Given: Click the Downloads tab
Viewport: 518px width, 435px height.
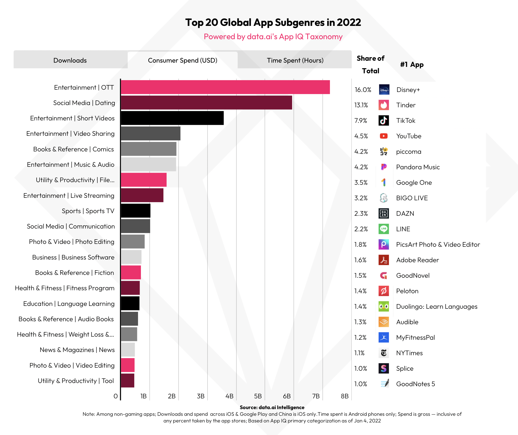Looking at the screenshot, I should coord(70,60).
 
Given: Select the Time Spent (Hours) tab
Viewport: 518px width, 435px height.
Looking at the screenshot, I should coord(295,60).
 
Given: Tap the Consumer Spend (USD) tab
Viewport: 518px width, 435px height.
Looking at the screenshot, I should coord(182,60).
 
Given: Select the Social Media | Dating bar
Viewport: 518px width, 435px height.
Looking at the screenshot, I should coord(206,102).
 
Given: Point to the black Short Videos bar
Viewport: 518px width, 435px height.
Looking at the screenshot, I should coord(172,118).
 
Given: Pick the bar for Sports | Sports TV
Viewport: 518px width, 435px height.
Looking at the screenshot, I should coord(136,211).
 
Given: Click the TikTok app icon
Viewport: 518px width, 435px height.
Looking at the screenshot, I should coord(384,120).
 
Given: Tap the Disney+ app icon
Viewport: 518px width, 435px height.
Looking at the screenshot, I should coord(384,90).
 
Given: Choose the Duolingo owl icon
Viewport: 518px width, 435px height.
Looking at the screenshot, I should coord(384,306).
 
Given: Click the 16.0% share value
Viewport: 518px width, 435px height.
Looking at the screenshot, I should coord(362,90).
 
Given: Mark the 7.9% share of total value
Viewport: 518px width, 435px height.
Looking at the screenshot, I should coord(361,120).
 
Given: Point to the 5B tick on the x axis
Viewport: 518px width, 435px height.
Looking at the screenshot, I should coord(258,396).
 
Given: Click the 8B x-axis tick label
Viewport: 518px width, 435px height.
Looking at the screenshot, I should coord(344,396).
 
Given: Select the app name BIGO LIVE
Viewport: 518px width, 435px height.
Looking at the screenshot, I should coord(412,198).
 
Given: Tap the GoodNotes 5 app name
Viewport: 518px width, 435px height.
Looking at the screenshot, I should coord(415,384).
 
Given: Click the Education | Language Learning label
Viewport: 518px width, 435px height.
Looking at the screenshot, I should coord(69,304).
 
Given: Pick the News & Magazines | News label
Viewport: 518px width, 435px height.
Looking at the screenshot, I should coord(77,350).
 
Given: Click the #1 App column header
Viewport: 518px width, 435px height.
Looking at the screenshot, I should coord(412,65).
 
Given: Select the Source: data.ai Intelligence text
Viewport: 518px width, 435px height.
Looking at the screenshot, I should coord(272,407).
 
